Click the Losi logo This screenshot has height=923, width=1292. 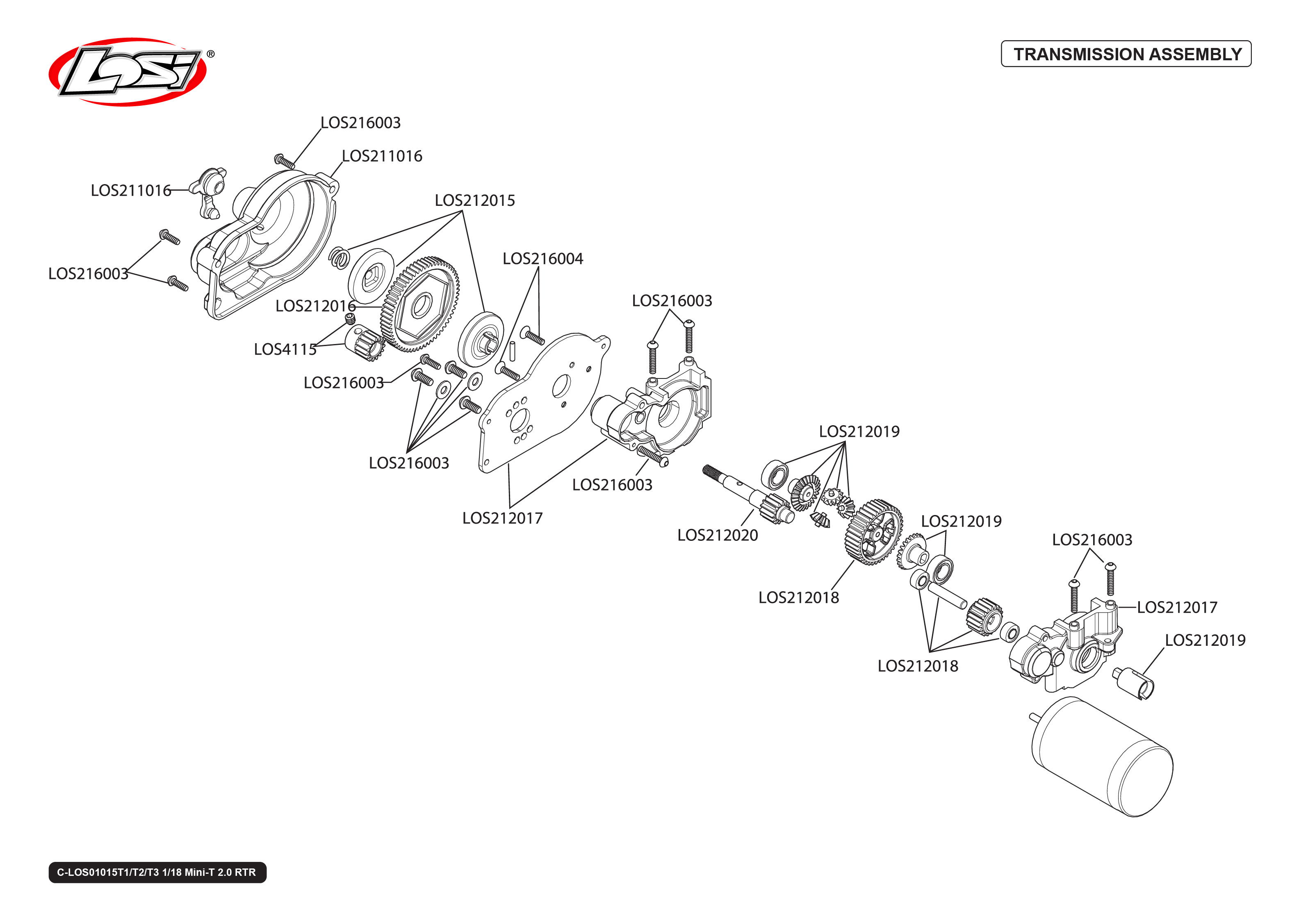click(x=128, y=72)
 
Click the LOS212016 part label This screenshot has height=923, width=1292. click(x=315, y=306)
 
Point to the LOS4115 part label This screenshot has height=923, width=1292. click(x=285, y=349)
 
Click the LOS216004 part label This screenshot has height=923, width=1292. click(x=542, y=259)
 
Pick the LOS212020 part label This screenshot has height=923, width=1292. click(x=717, y=536)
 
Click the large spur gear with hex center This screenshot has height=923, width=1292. click(x=420, y=305)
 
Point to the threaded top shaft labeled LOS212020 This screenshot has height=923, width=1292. click(x=744, y=492)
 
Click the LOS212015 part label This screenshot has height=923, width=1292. click(x=474, y=201)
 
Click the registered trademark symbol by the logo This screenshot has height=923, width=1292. click(x=210, y=54)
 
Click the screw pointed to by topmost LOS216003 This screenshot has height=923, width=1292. click(x=284, y=162)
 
